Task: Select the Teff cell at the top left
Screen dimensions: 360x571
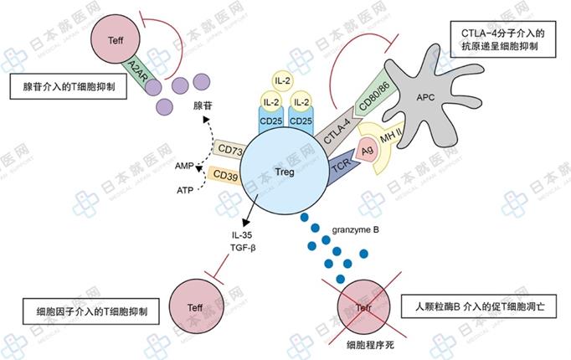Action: pos(116,41)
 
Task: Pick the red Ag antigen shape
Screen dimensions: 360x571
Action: pos(366,150)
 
